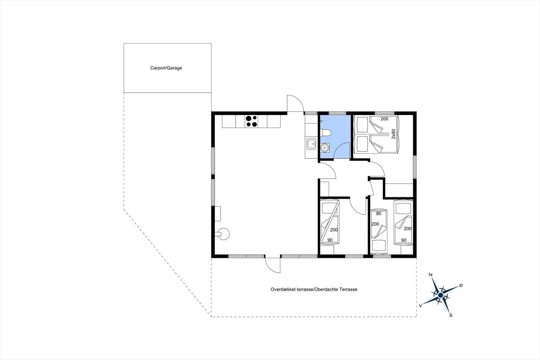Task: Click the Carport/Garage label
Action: pyautogui.click(x=166, y=68)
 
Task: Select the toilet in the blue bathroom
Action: pyautogui.click(x=326, y=133)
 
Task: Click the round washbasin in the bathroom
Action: pyautogui.click(x=325, y=147)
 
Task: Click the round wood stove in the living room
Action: pyautogui.click(x=223, y=234)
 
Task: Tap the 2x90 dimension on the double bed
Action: pyautogui.click(x=394, y=134)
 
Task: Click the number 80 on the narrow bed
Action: pyautogui.click(x=378, y=214)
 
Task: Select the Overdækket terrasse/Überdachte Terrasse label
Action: pyautogui.click(x=314, y=289)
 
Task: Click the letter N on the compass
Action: pyautogui.click(x=430, y=275)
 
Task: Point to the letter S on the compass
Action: pyautogui.click(x=451, y=315)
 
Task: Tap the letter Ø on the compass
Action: pyautogui.click(x=461, y=285)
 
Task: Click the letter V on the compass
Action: pyautogui.click(x=421, y=306)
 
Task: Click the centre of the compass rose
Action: pyautogui.click(x=441, y=295)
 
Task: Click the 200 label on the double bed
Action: pyautogui.click(x=384, y=119)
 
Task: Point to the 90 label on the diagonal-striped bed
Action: pyautogui.click(x=330, y=240)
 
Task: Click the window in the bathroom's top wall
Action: pyautogui.click(x=337, y=113)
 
